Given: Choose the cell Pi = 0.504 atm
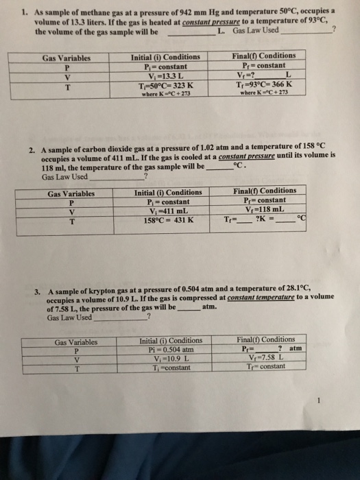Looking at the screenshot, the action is [166, 349].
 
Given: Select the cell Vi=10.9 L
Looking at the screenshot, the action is [166, 359].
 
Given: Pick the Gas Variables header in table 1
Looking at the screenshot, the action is [67, 58].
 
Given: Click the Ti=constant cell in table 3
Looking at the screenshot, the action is [166, 368].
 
